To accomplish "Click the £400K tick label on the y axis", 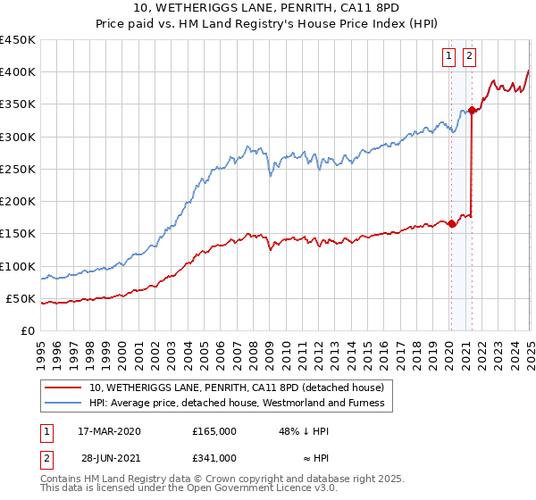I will [17, 72].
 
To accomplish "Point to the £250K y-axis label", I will [17, 169].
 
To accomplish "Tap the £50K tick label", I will [21, 298].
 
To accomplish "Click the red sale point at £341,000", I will [472, 111].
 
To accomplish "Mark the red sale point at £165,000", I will [451, 224].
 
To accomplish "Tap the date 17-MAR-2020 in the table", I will [109, 431].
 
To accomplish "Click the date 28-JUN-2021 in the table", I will [109, 458].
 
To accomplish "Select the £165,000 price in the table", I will [214, 431].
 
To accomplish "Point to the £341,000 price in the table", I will [214, 458].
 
